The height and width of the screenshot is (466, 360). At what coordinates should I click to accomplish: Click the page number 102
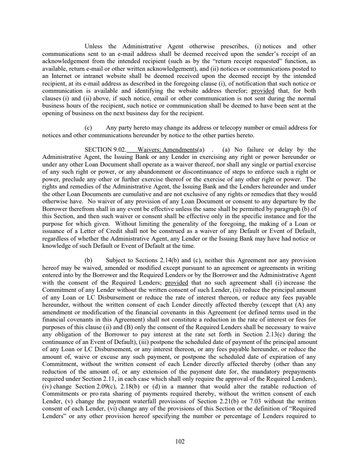point(180,441)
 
